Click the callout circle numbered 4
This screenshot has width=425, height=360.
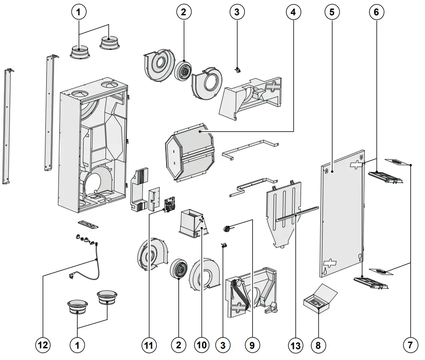[x=293, y=13]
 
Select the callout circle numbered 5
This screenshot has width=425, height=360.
[x=332, y=13]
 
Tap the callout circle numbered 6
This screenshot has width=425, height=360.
[x=376, y=13]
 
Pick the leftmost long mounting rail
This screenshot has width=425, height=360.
[x=8, y=126]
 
